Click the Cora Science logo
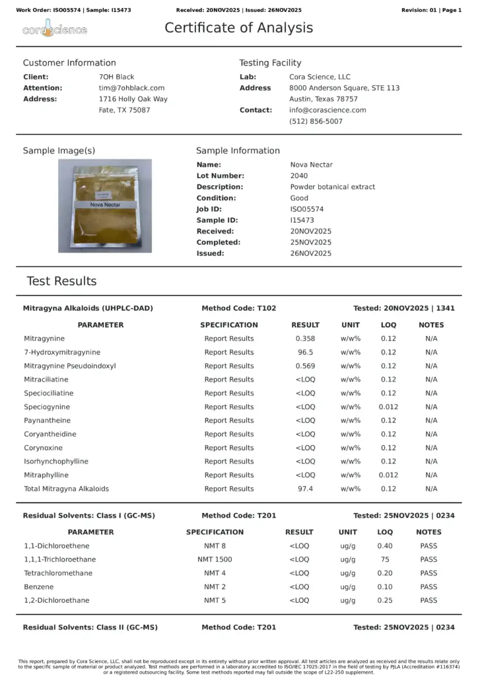[x=54, y=30]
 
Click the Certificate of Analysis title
[x=238, y=28]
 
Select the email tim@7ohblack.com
[x=131, y=88]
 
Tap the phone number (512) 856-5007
[x=316, y=122]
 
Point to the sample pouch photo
[x=105, y=206]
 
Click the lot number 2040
[x=298, y=176]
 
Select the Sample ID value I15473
[x=302, y=220]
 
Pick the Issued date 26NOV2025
[x=310, y=253]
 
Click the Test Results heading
[x=61, y=281]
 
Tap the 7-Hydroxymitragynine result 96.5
[x=305, y=352]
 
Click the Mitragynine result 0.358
[x=305, y=338]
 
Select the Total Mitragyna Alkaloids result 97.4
[x=305, y=489]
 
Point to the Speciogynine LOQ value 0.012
[x=388, y=407]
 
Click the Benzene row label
[x=39, y=586]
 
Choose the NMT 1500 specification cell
[x=215, y=559]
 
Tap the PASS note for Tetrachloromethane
[x=428, y=573]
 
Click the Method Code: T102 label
[x=238, y=308]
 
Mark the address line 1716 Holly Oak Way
[x=133, y=99]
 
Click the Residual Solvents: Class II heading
[x=90, y=627]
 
